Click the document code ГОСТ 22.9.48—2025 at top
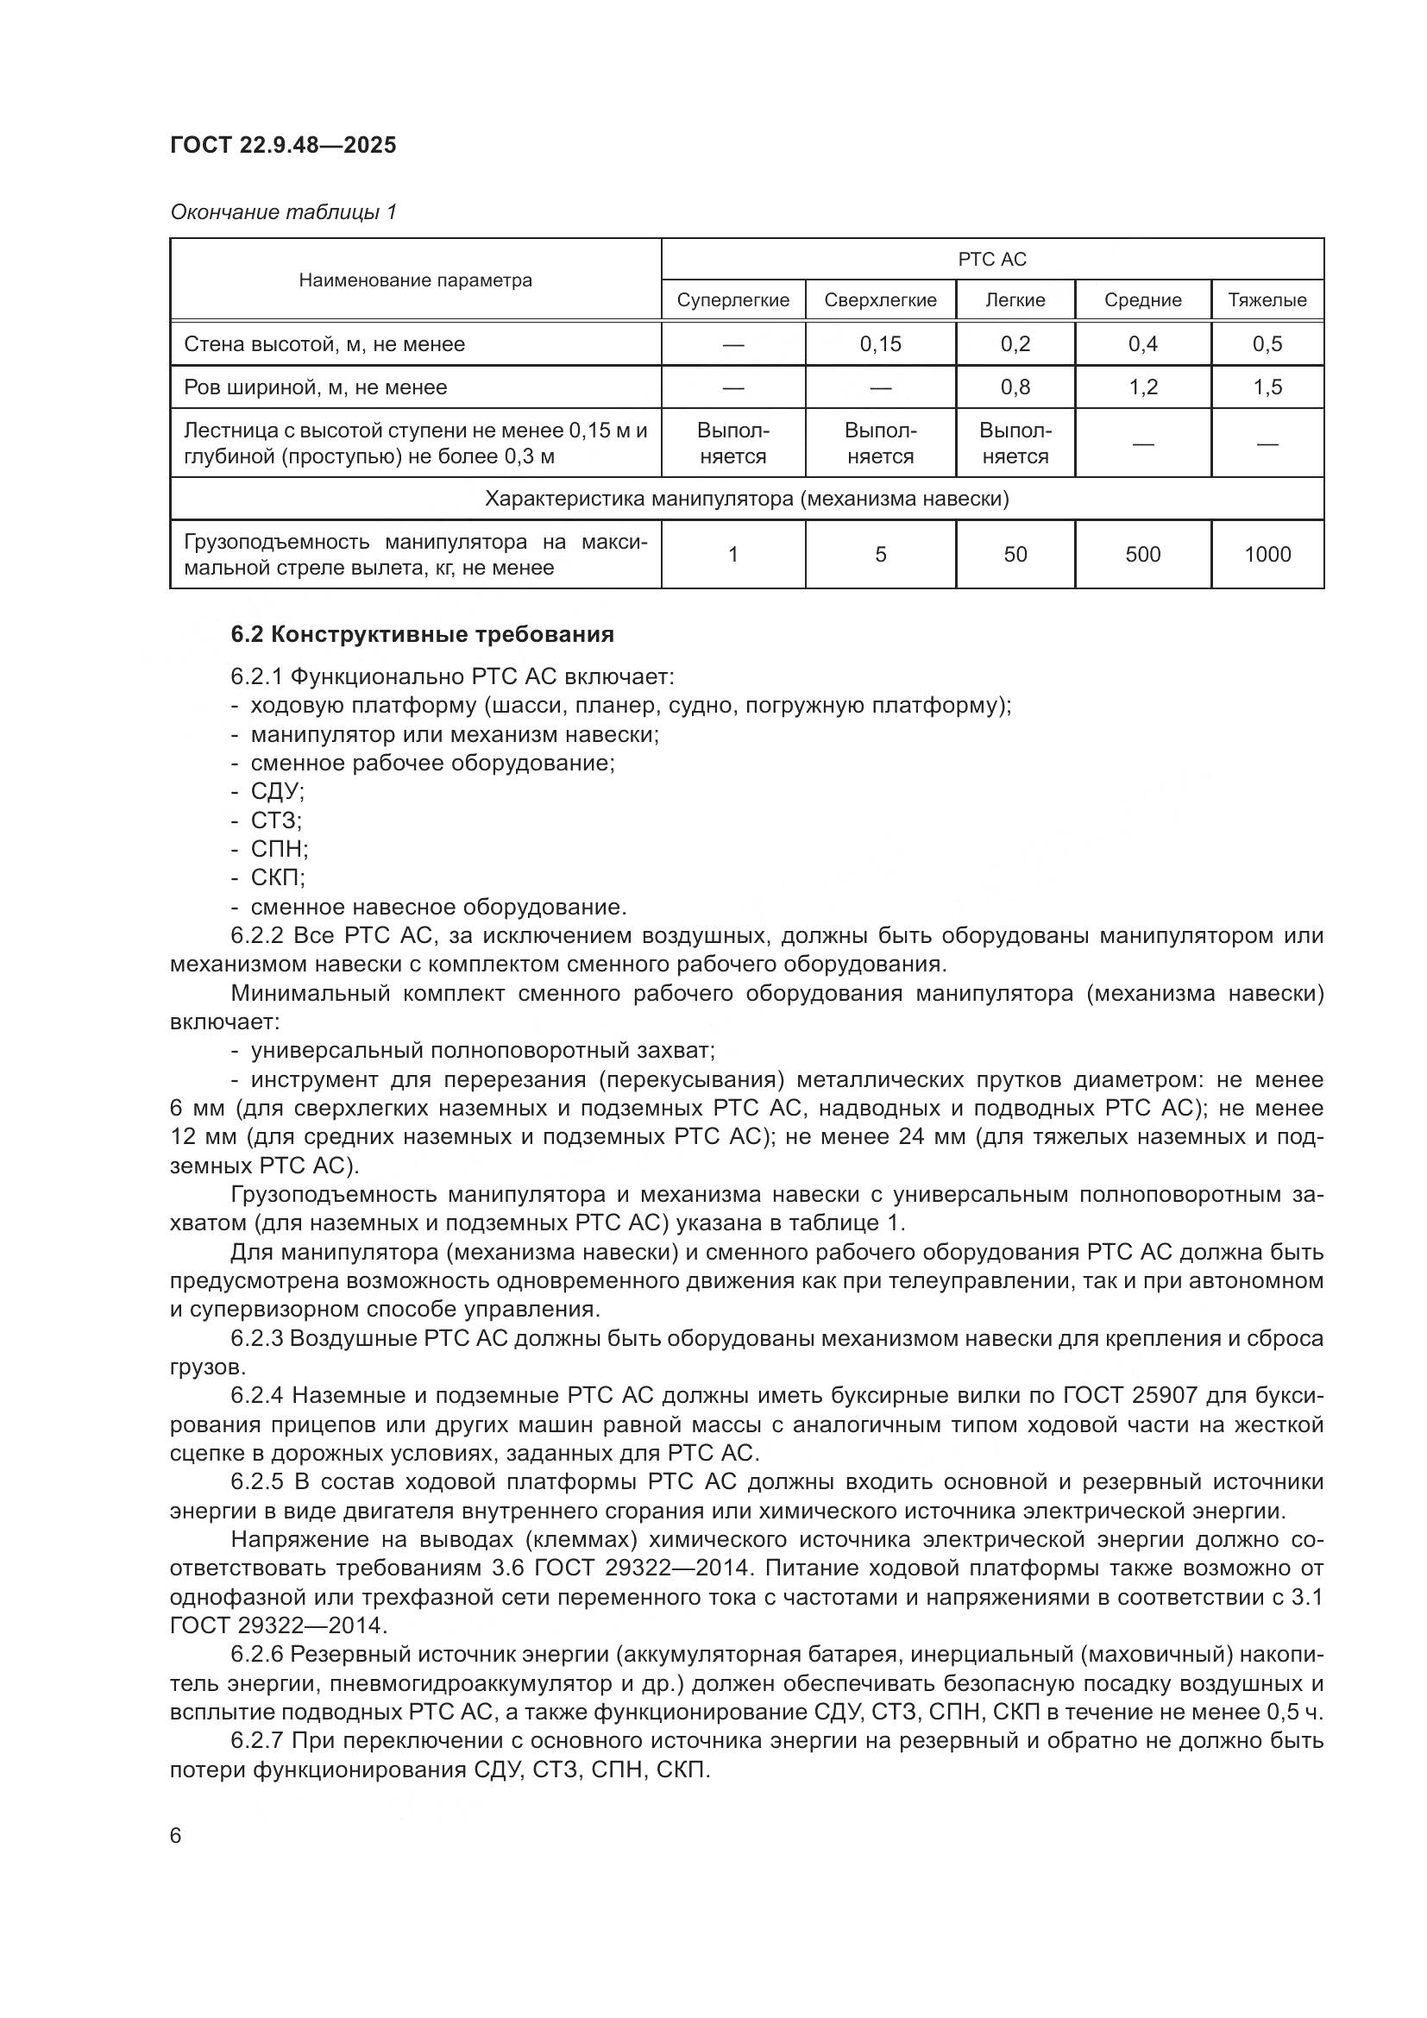pos(283,145)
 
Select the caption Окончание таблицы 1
pos(283,212)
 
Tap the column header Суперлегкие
pos(732,300)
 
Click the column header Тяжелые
pos(1267,300)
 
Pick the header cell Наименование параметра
pos(415,280)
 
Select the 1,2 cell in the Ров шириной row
pos(1142,387)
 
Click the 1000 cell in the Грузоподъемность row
pos(1267,555)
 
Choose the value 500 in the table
pos(1142,555)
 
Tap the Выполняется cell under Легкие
pos(1015,443)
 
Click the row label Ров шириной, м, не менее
pos(316,387)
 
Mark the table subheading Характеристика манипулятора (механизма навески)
pos(746,500)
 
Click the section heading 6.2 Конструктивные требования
pos(422,635)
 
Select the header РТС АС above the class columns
pos(991,260)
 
